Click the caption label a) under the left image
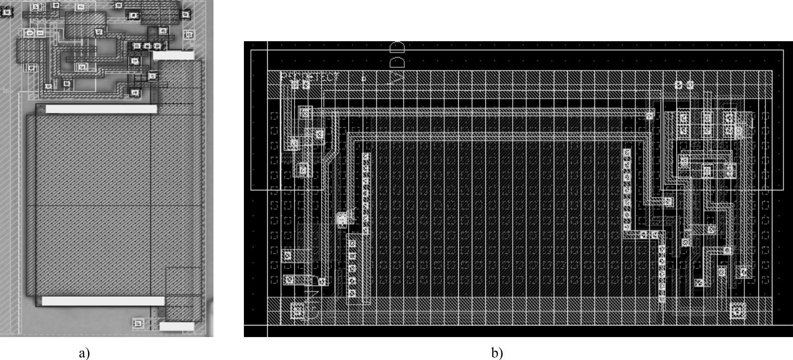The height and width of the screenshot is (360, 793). pyautogui.click(x=85, y=353)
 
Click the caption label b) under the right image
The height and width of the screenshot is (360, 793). pyautogui.click(x=497, y=353)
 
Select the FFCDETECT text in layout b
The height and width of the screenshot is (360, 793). pyautogui.click(x=309, y=77)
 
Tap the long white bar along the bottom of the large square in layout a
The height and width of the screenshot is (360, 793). pyautogui.click(x=103, y=301)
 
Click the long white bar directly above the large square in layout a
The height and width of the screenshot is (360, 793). pyautogui.click(x=101, y=109)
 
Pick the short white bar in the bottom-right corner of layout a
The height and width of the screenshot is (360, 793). pyautogui.click(x=176, y=326)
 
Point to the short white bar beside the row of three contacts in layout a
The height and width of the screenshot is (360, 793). pyautogui.click(x=173, y=55)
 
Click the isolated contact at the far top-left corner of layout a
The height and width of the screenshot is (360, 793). pyautogui.click(x=7, y=12)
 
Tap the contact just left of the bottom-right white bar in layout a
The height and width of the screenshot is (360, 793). pyautogui.click(x=138, y=323)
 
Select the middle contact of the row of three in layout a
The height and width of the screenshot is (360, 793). pyautogui.click(x=147, y=46)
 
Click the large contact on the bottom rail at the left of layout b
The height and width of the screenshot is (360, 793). pyautogui.click(x=297, y=310)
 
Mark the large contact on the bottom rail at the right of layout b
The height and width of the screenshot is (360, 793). pyautogui.click(x=737, y=310)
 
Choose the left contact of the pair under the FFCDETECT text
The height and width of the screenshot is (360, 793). pyautogui.click(x=295, y=85)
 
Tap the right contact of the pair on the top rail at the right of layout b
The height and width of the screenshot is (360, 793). pyautogui.click(x=690, y=85)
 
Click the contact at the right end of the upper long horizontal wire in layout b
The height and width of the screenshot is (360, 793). pyautogui.click(x=650, y=116)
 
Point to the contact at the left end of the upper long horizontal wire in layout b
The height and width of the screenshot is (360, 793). pyautogui.click(x=305, y=112)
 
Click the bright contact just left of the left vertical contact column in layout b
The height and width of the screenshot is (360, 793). pyautogui.click(x=342, y=218)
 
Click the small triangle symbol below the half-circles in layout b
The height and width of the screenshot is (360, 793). pyautogui.click(x=397, y=77)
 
